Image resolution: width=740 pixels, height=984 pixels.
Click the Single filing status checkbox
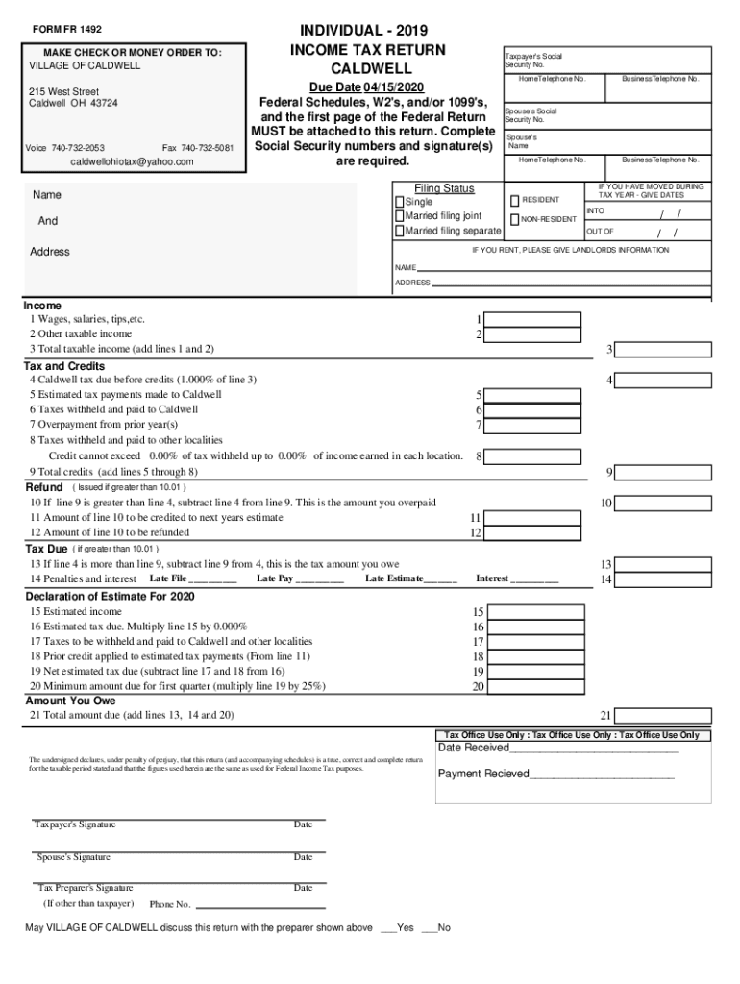coord(400,203)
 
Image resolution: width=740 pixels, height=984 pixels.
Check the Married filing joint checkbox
coord(400,217)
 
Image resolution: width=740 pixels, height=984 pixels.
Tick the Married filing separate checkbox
coord(400,232)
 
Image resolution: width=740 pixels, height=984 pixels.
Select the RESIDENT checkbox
coord(514,200)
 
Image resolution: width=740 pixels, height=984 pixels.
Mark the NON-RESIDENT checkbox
coord(514,220)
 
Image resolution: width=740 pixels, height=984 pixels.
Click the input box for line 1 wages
coord(533,320)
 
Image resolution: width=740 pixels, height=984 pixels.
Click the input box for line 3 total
coord(664,350)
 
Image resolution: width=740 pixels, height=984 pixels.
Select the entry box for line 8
coord(533,456)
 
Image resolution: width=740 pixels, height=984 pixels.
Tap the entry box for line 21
coord(664,716)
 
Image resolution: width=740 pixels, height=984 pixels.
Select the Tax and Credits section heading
coord(64,366)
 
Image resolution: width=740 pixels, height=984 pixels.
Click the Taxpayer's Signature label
coord(75,825)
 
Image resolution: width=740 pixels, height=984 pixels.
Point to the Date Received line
coord(557,749)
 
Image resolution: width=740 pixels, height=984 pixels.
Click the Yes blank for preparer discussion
coord(388,928)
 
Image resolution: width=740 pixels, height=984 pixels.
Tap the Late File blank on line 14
coord(213,579)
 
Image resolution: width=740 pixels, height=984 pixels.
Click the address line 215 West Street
coord(63,92)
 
